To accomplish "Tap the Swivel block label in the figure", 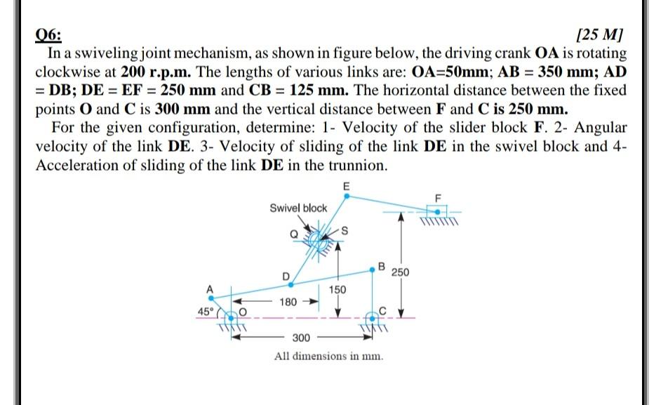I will tap(298, 208).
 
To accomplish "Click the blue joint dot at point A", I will tap(209, 298).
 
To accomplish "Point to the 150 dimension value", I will tap(338, 288).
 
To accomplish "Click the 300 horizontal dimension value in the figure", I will tap(300, 338).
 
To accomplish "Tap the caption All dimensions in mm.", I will tap(329, 356).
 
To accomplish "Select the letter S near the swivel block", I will tap(345, 232).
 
